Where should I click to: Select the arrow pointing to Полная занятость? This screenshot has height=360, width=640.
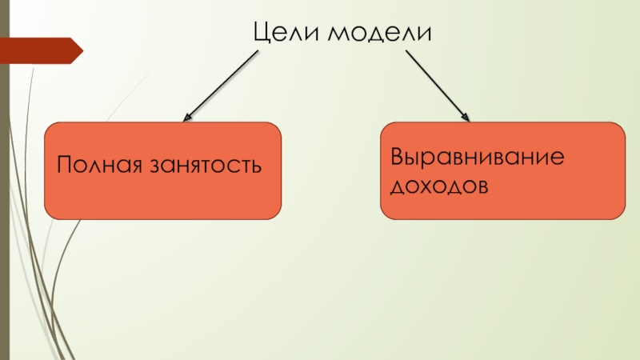coord(222,86)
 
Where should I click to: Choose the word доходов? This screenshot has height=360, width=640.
coord(438,186)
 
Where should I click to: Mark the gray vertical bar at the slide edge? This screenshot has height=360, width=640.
coord(4,180)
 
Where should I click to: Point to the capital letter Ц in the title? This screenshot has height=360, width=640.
coord(262,34)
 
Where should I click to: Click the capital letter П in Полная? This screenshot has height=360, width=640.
coord(64,166)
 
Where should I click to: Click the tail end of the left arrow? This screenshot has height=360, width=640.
coord(258,53)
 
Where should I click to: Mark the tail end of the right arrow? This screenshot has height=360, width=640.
coord(407,53)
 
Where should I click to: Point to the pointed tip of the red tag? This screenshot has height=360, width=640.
coord(82,50)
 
